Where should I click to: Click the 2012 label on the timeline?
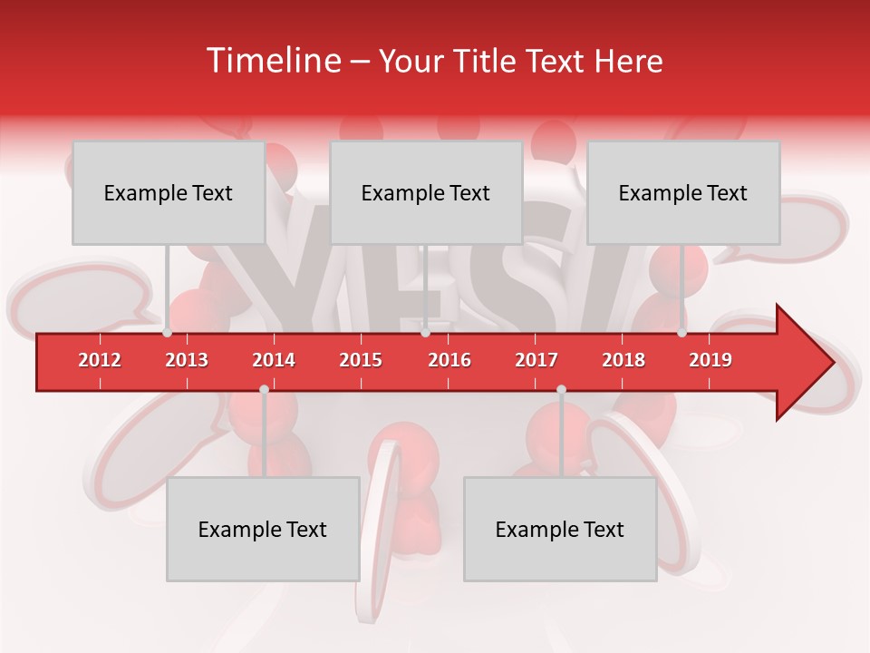(100, 360)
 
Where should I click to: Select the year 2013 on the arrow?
(187, 360)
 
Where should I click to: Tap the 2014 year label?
(274, 360)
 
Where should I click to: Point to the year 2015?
(361, 360)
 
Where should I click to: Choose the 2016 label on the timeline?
(449, 360)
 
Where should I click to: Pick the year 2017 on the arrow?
(536, 360)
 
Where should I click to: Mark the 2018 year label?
(623, 360)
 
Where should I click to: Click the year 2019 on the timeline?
(710, 360)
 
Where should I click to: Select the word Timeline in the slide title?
(272, 61)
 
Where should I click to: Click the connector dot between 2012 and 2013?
(168, 333)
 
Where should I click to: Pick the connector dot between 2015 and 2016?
(425, 333)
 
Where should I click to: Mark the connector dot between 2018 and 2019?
(682, 333)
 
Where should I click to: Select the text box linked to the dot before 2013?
(169, 193)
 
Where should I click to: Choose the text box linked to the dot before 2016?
(426, 193)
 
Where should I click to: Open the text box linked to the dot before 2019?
(683, 193)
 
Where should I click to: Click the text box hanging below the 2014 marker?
(263, 530)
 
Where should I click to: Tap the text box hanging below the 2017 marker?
(560, 530)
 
